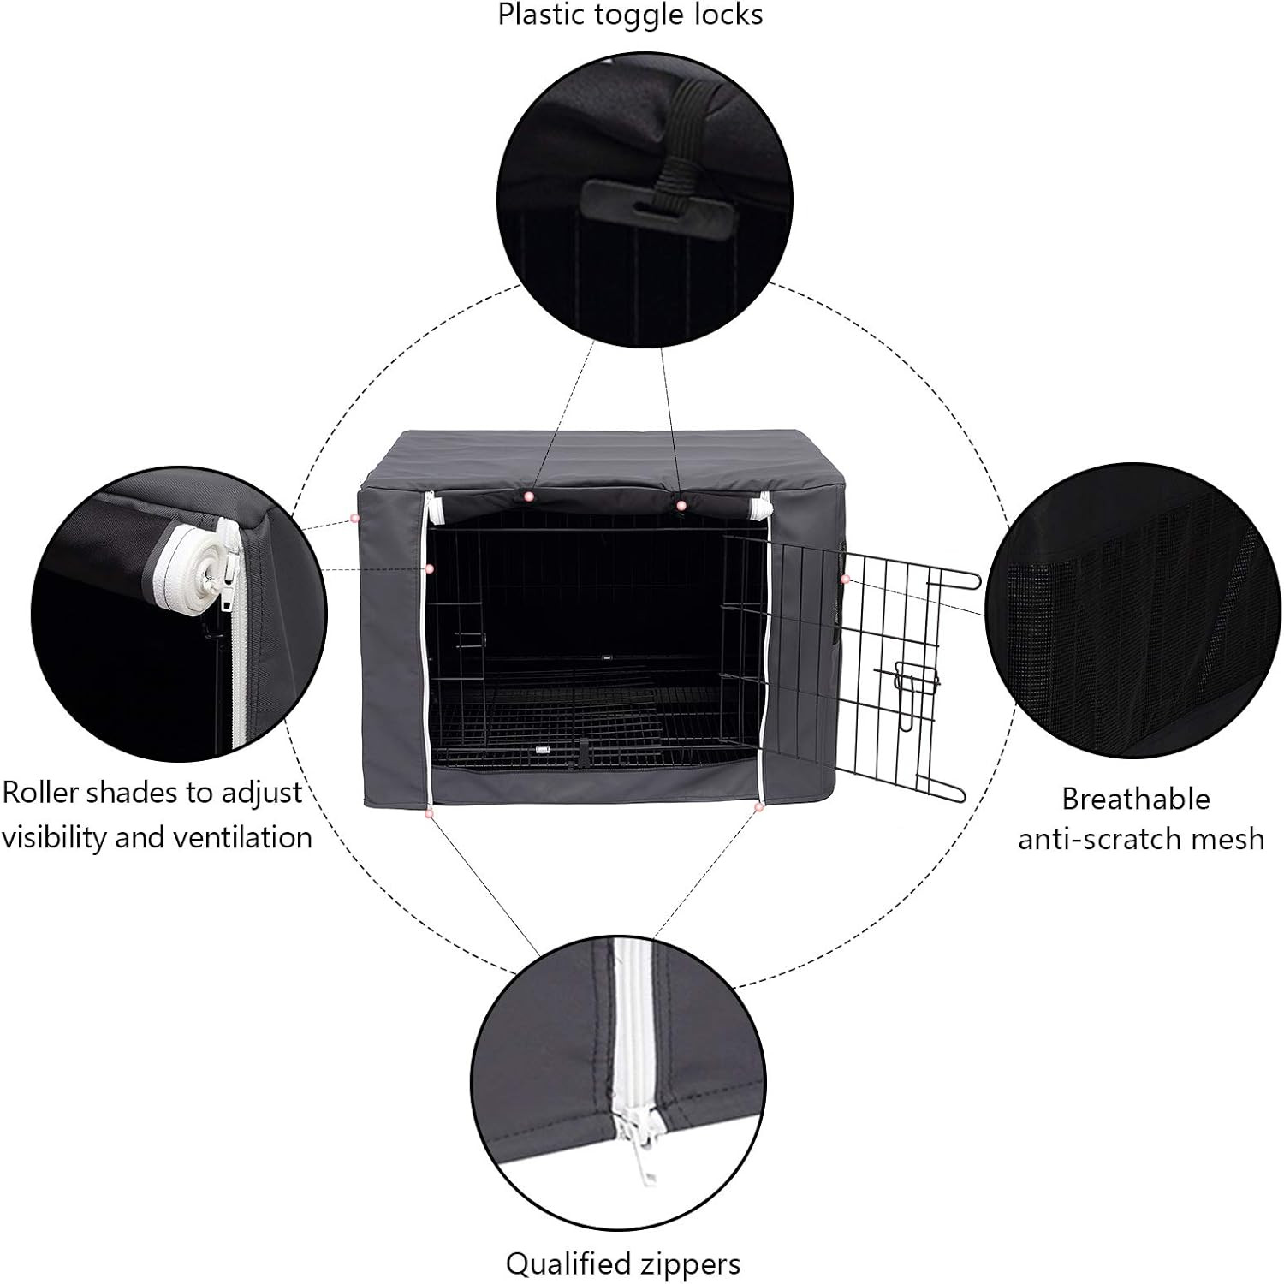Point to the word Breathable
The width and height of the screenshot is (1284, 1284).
tap(1136, 799)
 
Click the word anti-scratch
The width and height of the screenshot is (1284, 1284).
tap(1100, 838)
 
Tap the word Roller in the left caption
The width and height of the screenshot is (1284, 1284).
tap(40, 793)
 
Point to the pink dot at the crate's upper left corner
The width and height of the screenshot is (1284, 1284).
tap(354, 518)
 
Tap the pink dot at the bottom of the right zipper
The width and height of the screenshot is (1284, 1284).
tap(758, 806)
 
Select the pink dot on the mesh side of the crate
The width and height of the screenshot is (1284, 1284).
tap(844, 580)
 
